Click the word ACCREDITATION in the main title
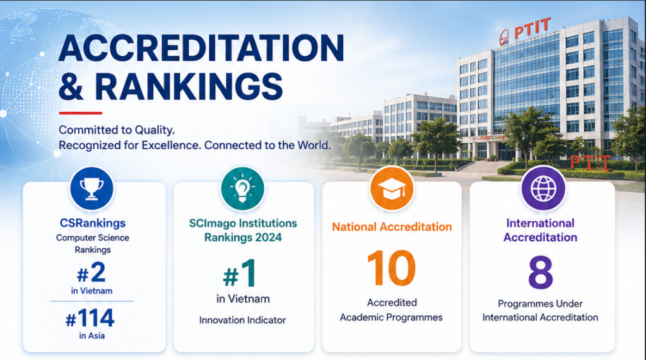tap(201, 48)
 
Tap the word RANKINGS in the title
tap(189, 86)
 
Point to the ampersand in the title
tap(71, 86)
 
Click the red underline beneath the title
tap(80, 113)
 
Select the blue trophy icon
tap(91, 189)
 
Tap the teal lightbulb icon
tap(242, 189)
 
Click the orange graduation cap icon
tap(391, 189)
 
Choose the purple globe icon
tap(543, 189)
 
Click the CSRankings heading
tap(93, 223)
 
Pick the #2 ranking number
tap(91, 272)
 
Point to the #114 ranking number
tap(90, 318)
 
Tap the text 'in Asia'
tap(92, 335)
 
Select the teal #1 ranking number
tap(239, 273)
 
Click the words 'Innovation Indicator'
tap(242, 320)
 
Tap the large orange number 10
tap(391, 268)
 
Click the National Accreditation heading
tap(392, 227)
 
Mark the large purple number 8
tap(541, 272)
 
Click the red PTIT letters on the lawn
tap(590, 163)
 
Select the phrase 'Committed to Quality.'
tap(117, 130)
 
